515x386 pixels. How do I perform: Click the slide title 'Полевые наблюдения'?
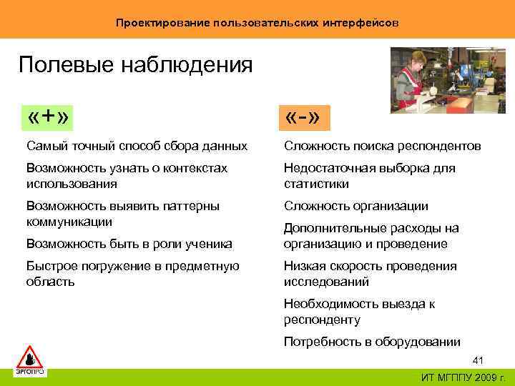[135, 65]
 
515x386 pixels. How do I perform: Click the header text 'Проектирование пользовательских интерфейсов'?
[257, 23]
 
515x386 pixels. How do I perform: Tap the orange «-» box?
[306, 118]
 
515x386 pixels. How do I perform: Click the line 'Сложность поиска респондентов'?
[382, 147]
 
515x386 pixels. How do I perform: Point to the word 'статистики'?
[316, 184]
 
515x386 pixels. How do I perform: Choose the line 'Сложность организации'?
[355, 207]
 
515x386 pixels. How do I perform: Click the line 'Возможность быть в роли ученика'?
[129, 244]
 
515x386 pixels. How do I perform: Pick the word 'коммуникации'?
[69, 222]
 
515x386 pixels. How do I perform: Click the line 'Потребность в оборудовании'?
[372, 342]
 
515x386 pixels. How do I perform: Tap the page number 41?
[479, 360]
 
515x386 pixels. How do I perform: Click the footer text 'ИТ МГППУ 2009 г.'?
[463, 377]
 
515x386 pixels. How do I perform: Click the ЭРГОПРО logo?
[30, 361]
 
